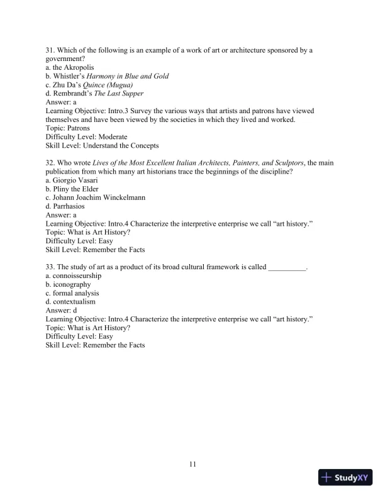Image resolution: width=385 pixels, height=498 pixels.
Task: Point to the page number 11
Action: click(x=192, y=465)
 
